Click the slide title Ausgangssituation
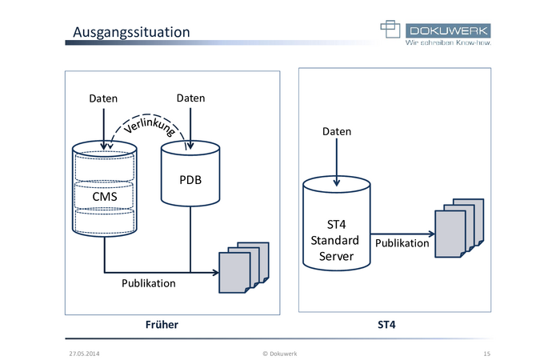pyautogui.click(x=131, y=33)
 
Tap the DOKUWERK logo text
pyautogui.click(x=448, y=30)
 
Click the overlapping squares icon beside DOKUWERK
pyautogui.click(x=390, y=29)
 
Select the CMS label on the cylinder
pyautogui.click(x=105, y=197)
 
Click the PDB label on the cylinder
pyautogui.click(x=190, y=180)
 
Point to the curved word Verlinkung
pyautogui.click(x=150, y=126)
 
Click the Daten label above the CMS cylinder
pyautogui.click(x=103, y=98)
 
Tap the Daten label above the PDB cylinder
pyautogui.click(x=190, y=98)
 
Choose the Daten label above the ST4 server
pyautogui.click(x=337, y=131)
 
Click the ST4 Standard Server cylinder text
pyautogui.click(x=335, y=240)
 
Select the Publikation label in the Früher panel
pyautogui.click(x=149, y=283)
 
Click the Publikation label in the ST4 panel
pyautogui.click(x=402, y=243)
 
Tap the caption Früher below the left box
pyautogui.click(x=162, y=325)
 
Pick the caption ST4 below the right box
pyautogui.click(x=386, y=325)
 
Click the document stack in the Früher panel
pyautogui.click(x=244, y=267)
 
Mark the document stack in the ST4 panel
pyautogui.click(x=460, y=228)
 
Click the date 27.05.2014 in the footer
pyautogui.click(x=84, y=354)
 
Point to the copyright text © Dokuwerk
pyautogui.click(x=280, y=354)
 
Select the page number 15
pyautogui.click(x=487, y=354)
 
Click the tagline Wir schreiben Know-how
pyautogui.click(x=448, y=42)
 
